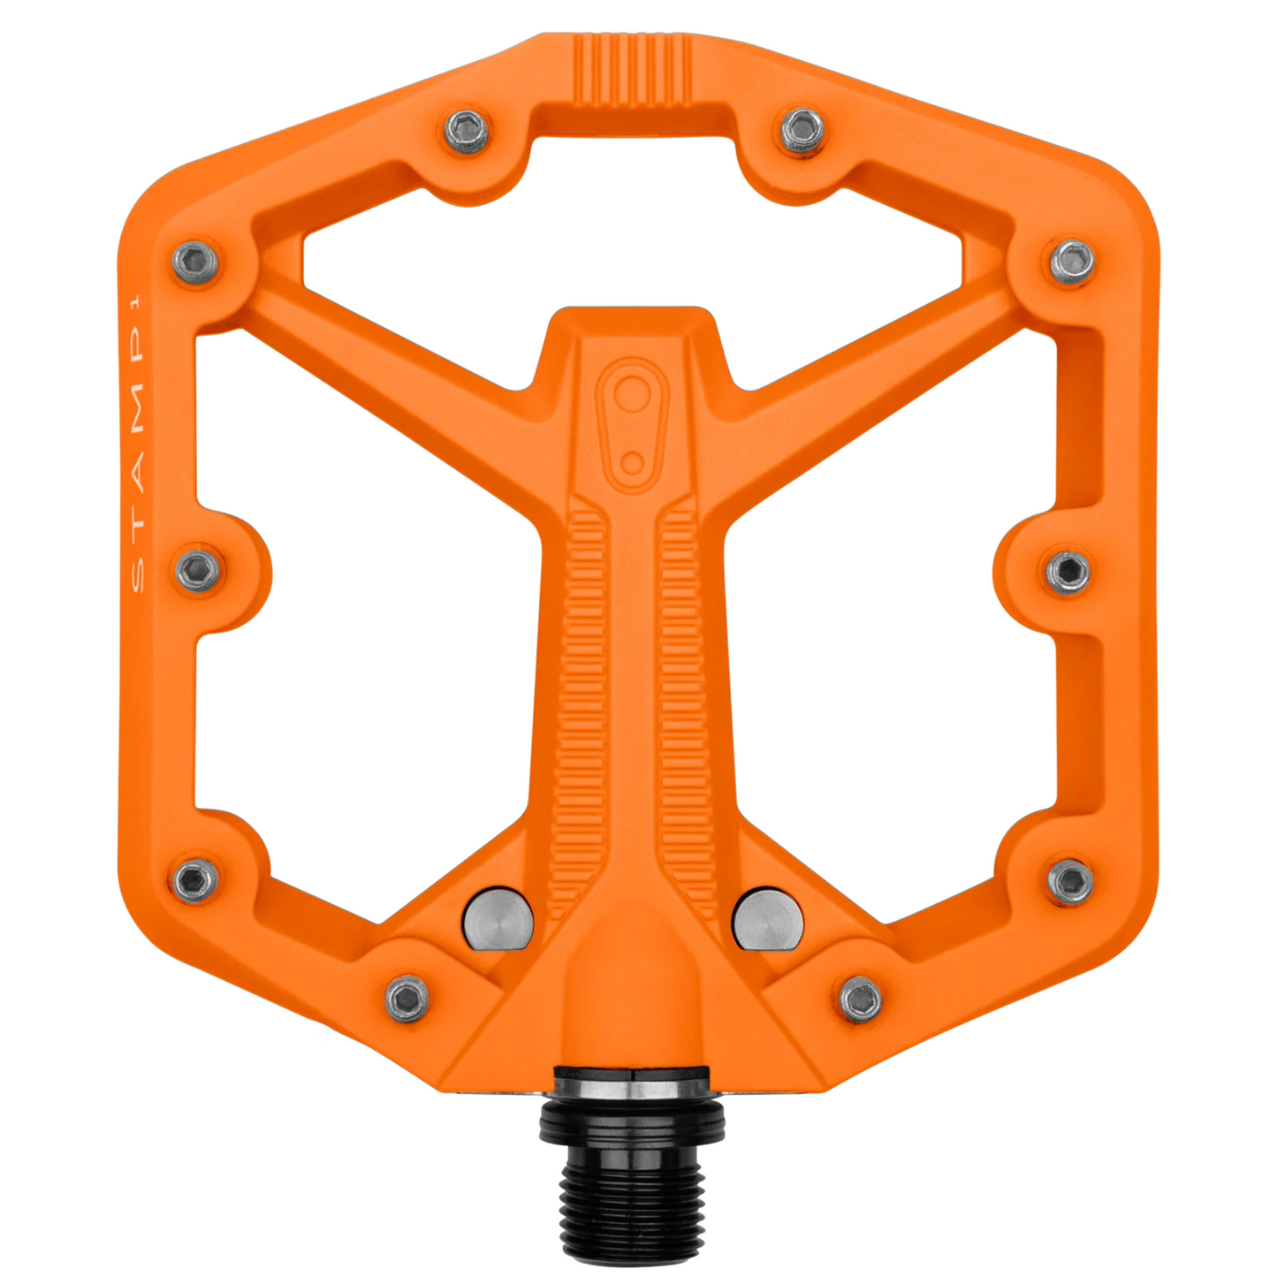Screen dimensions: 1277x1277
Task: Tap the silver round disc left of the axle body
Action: [498, 921]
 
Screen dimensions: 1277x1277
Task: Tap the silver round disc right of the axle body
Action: [768, 921]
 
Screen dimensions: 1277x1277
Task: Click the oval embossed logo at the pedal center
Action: [631, 423]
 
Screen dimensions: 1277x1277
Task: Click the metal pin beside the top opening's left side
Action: [467, 131]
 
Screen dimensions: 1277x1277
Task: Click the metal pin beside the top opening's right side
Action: [802, 131]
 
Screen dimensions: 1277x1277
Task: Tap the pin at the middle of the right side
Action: [1068, 571]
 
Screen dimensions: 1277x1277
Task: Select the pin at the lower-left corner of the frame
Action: [195, 879]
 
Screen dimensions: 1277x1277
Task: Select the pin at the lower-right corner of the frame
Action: [1070, 880]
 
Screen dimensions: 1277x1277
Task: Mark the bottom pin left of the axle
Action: [407, 998]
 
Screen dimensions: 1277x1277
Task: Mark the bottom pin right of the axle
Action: [860, 999]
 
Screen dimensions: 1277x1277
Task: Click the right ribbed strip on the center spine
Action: [686, 707]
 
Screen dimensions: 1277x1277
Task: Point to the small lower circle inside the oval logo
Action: [632, 462]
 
